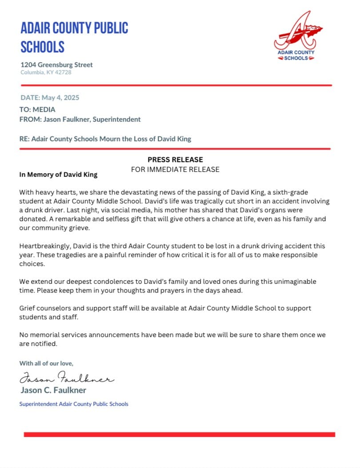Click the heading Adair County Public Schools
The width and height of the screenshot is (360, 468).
pyautogui.click(x=74, y=37)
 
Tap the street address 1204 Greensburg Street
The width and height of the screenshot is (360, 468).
pyautogui.click(x=56, y=65)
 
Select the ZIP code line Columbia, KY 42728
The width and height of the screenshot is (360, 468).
pyautogui.click(x=46, y=72)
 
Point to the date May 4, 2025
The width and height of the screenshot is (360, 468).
pyautogui.click(x=50, y=98)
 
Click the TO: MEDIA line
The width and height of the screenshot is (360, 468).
pyautogui.click(x=37, y=109)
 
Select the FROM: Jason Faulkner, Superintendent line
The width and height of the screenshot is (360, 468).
pyautogui.click(x=80, y=119)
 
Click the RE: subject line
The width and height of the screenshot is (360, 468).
pyautogui.click(x=105, y=139)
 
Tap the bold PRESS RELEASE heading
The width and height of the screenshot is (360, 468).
pyautogui.click(x=175, y=159)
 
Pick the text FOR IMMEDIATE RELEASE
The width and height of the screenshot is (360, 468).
pyautogui.click(x=175, y=169)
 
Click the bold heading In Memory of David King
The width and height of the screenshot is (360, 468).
pyautogui.click(x=58, y=175)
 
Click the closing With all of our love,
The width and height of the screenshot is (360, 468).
pyautogui.click(x=46, y=363)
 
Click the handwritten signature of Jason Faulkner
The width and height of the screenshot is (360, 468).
pyautogui.click(x=67, y=378)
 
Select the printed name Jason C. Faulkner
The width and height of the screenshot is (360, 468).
pyautogui.click(x=53, y=390)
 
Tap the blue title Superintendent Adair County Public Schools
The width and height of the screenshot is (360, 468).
pyautogui.click(x=74, y=404)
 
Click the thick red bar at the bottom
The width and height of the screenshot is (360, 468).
pyautogui.click(x=179, y=434)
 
